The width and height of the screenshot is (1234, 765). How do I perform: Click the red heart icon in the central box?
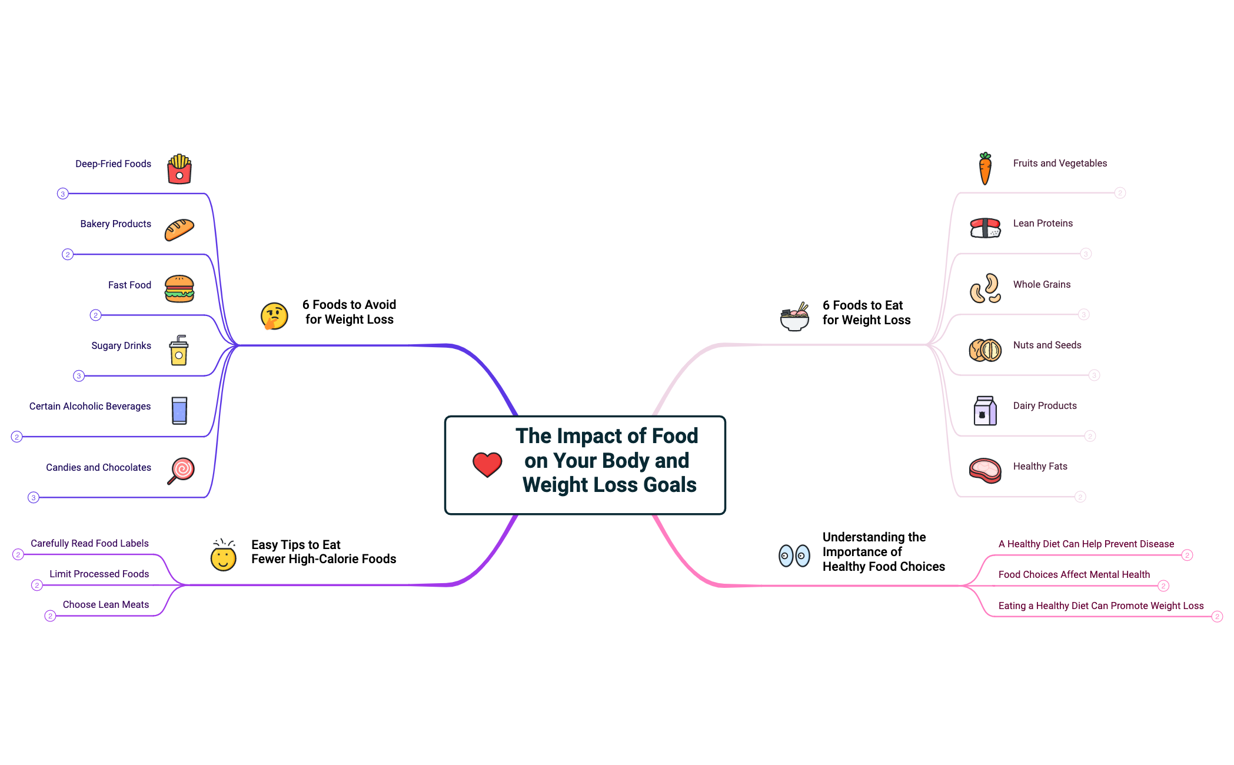pos(487,464)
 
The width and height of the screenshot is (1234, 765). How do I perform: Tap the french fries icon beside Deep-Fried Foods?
pos(179,169)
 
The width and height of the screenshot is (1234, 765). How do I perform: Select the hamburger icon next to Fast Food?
pos(179,289)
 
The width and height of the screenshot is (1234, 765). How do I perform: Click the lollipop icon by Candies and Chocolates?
pos(181,470)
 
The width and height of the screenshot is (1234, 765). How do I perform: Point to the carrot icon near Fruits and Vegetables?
pos(985,168)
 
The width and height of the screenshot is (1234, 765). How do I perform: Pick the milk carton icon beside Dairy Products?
pos(984,410)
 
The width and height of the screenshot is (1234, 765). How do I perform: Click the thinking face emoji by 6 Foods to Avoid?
pos(274,316)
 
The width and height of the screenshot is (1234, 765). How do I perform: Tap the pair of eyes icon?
pos(794,555)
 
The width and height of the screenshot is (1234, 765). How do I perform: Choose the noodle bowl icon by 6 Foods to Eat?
pos(794,317)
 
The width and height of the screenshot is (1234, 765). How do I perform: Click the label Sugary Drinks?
pos(121,345)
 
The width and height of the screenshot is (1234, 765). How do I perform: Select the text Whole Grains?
pos(1042,284)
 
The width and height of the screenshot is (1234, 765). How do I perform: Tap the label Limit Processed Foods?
pos(99,574)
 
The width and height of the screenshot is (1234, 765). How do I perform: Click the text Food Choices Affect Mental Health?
pos(1074,574)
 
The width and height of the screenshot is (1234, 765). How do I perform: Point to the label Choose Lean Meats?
pos(106,604)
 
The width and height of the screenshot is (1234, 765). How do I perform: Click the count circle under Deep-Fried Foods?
pos(63,194)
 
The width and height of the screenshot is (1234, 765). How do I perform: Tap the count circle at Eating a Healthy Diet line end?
pos(1217,617)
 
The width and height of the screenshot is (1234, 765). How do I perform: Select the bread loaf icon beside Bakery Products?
pos(179,229)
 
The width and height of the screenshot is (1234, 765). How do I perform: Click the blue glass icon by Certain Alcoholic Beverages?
pos(179,410)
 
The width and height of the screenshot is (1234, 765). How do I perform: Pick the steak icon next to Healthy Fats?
pos(984,470)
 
